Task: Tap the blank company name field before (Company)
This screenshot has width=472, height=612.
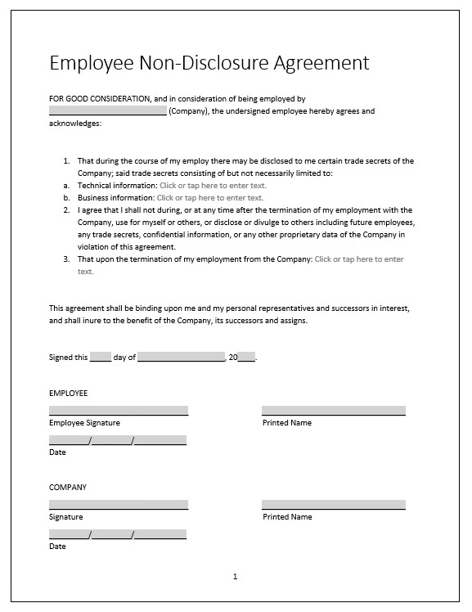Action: click(107, 111)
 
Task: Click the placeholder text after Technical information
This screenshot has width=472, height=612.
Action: click(213, 186)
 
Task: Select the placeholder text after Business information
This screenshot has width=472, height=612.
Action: click(210, 198)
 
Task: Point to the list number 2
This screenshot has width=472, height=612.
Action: click(66, 210)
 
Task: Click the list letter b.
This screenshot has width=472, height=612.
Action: click(66, 198)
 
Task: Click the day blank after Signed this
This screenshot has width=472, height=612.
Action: click(100, 358)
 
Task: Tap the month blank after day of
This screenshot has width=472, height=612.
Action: click(181, 358)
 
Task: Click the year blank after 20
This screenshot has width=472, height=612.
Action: click(247, 358)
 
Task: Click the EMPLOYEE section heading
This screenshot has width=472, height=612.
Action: click(68, 394)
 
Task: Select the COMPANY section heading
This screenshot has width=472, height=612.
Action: click(68, 488)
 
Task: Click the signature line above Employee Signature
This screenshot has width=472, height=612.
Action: click(119, 411)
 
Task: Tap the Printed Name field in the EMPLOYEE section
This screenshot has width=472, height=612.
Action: click(333, 411)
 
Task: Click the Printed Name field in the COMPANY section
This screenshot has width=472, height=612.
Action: click(333, 505)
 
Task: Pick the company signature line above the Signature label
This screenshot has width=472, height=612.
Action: click(119, 505)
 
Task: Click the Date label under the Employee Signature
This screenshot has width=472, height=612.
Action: click(57, 452)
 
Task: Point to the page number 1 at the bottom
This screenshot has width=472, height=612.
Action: click(235, 577)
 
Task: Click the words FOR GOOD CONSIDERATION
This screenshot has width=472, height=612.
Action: click(99, 99)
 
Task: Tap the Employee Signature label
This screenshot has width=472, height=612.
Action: click(84, 423)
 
